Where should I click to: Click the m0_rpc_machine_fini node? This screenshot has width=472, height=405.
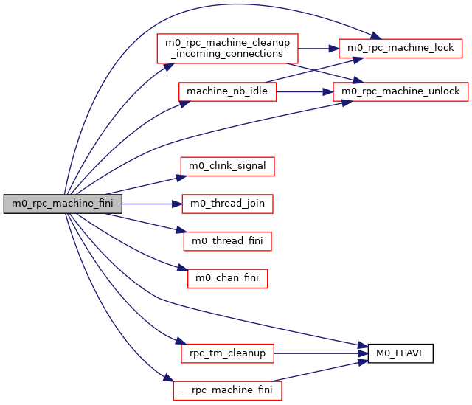[63, 204]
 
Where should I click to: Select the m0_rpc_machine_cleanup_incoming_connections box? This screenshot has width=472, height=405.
[226, 48]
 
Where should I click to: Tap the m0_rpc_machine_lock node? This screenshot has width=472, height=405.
[400, 48]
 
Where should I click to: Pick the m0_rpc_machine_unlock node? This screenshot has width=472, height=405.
[398, 91]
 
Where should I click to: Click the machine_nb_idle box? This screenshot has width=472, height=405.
[227, 91]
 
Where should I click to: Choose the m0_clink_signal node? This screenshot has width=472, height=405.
[228, 166]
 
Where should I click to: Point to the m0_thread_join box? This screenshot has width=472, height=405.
[228, 203]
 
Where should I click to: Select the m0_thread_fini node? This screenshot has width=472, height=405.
[227, 240]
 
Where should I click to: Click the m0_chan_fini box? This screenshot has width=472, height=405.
[227, 278]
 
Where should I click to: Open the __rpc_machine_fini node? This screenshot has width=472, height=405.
[227, 390]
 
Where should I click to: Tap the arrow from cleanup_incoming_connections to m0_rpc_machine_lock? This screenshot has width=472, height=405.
[317, 48]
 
